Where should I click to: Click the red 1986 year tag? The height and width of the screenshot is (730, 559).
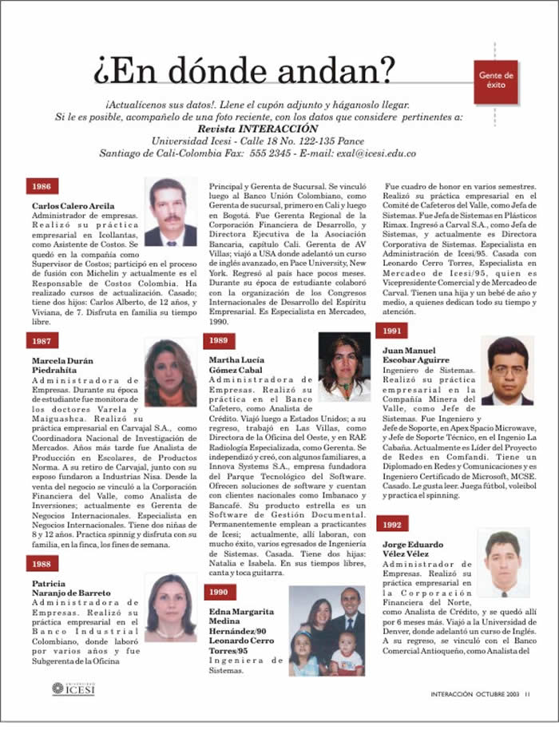38,186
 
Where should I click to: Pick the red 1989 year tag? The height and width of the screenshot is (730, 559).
217,340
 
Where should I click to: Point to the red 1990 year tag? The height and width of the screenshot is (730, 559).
217,593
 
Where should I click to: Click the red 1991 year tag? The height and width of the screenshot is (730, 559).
391,330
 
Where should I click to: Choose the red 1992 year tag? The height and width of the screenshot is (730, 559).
391,503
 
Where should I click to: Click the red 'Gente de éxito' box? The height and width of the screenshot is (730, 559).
496,81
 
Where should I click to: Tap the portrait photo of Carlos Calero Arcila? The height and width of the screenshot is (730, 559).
170,212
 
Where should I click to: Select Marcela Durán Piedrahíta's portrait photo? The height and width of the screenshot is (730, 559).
170,373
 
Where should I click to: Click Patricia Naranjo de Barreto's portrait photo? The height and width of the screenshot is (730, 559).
170,606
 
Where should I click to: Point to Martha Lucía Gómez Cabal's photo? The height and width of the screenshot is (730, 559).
344,367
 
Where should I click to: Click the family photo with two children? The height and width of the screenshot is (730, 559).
327,632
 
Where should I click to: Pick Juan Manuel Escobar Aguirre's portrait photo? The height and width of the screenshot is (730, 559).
506,371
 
